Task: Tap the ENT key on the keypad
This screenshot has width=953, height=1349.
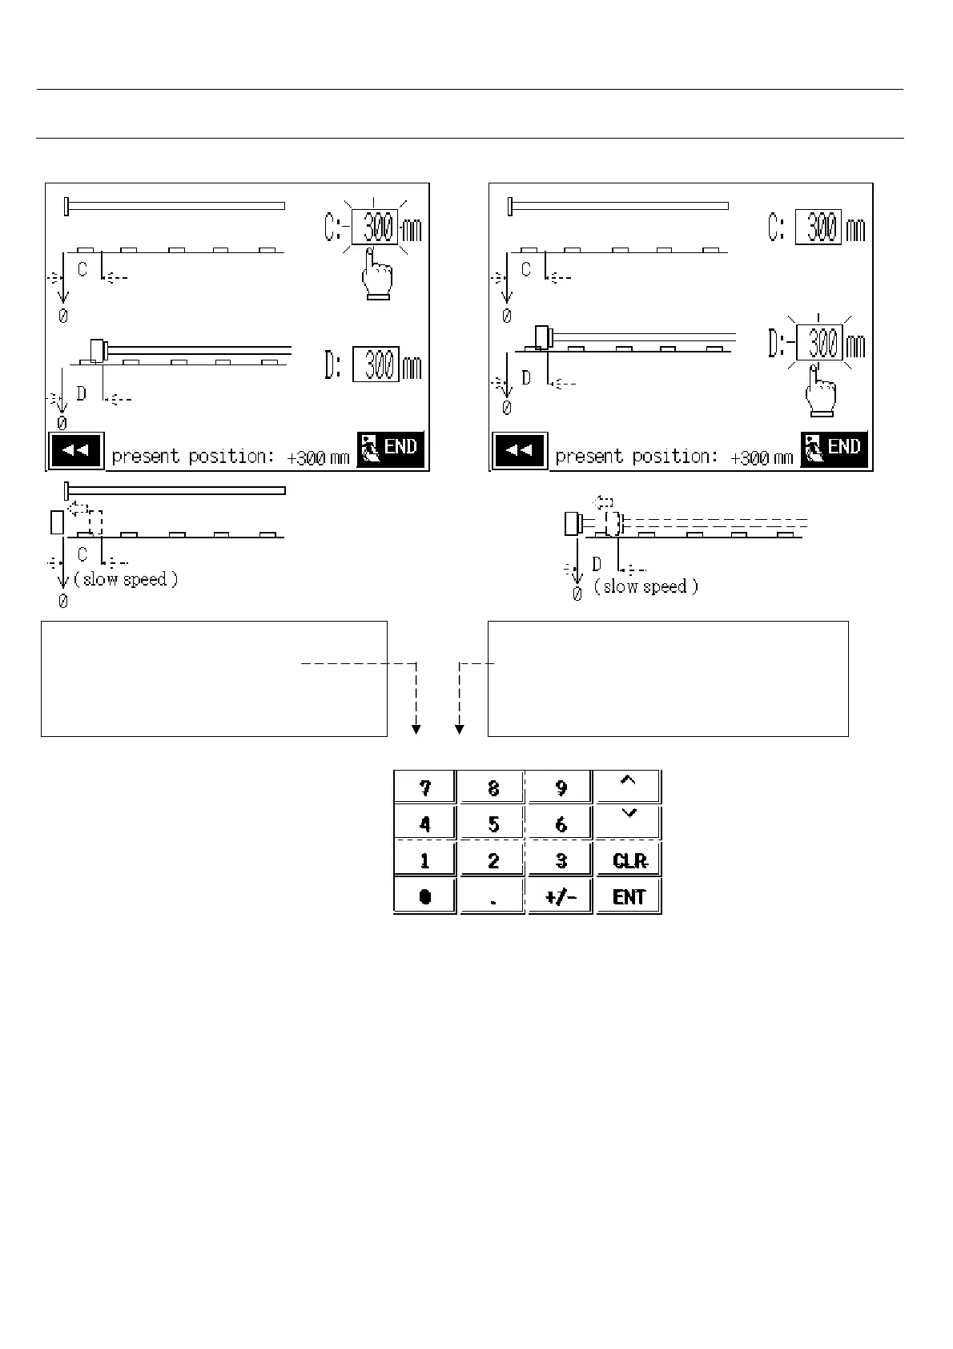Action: pos(629,896)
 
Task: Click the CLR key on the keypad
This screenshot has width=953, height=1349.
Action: pos(629,860)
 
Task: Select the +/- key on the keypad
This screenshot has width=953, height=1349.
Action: pos(561,896)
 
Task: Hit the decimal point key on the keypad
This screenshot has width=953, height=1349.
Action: pos(493,896)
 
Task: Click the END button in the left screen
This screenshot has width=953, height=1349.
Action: pos(390,449)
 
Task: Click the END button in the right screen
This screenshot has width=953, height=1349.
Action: pos(834,449)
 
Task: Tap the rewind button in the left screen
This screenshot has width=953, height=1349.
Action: pos(75,450)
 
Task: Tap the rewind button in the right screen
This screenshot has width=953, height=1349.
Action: pos(519,450)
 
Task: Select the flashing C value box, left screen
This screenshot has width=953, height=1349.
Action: pos(375,230)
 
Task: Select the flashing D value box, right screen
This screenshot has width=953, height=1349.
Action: pos(820,345)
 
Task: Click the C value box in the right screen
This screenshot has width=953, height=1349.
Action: pos(818,229)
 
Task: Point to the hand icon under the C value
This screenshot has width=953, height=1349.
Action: pos(375,276)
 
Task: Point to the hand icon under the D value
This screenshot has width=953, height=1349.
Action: pos(820,393)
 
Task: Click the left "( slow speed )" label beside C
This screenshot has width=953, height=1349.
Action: pos(126,579)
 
